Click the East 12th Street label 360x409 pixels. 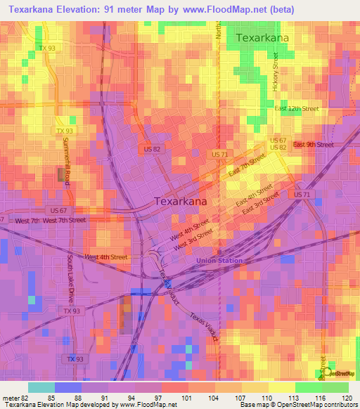pyautogui.click(x=296, y=109)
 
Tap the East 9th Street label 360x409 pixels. pyautogui.click(x=313, y=145)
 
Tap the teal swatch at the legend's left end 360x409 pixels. pyautogui.click(x=41, y=387)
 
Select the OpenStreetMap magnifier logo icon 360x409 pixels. pyautogui.click(x=325, y=372)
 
